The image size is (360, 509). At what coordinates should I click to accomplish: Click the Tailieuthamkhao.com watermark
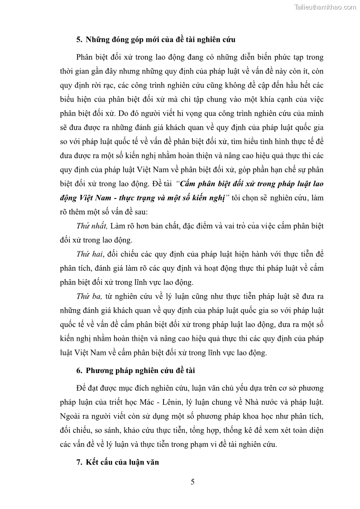pyautogui.click(x=325, y=7)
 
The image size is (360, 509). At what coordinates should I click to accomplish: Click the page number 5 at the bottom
pyautogui.click(x=192, y=482)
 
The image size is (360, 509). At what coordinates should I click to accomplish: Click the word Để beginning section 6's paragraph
pyautogui.click(x=82, y=388)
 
